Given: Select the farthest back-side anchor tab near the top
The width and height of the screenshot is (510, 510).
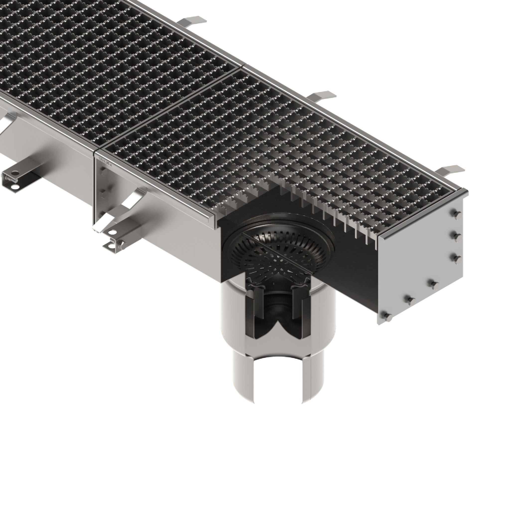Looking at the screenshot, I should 194,21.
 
